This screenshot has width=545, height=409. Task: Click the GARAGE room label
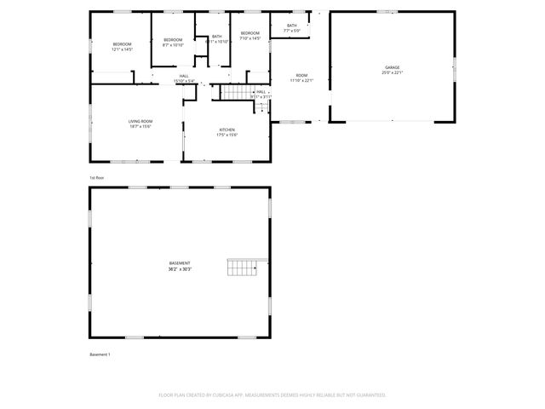pyautogui.click(x=392, y=67)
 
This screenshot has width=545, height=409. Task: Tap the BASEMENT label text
pyautogui.click(x=180, y=263)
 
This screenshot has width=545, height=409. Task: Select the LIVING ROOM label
pyautogui.click(x=141, y=121)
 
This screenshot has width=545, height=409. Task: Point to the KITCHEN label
pyautogui.click(x=227, y=130)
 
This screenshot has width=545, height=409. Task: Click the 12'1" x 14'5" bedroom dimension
pyautogui.click(x=123, y=49)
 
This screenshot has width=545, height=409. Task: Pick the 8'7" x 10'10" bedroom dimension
pyautogui.click(x=173, y=45)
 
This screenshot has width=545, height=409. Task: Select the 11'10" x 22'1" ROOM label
pyautogui.click(x=301, y=80)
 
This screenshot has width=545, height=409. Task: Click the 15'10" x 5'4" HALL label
pyautogui.click(x=184, y=81)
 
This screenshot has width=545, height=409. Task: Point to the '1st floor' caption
pyautogui.click(x=96, y=177)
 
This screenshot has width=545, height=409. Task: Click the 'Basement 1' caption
pyautogui.click(x=100, y=354)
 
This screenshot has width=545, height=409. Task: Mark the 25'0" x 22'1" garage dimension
pyautogui.click(x=392, y=72)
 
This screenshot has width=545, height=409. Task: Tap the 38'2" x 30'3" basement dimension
pyautogui.click(x=180, y=269)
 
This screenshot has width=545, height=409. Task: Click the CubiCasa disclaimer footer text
pyautogui.click(x=272, y=395)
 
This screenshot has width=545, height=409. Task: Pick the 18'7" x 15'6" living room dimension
pyautogui.click(x=141, y=127)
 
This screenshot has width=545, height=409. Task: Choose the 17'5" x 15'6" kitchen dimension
pyautogui.click(x=227, y=135)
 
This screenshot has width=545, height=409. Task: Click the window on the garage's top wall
pyautogui.click(x=387, y=12)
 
